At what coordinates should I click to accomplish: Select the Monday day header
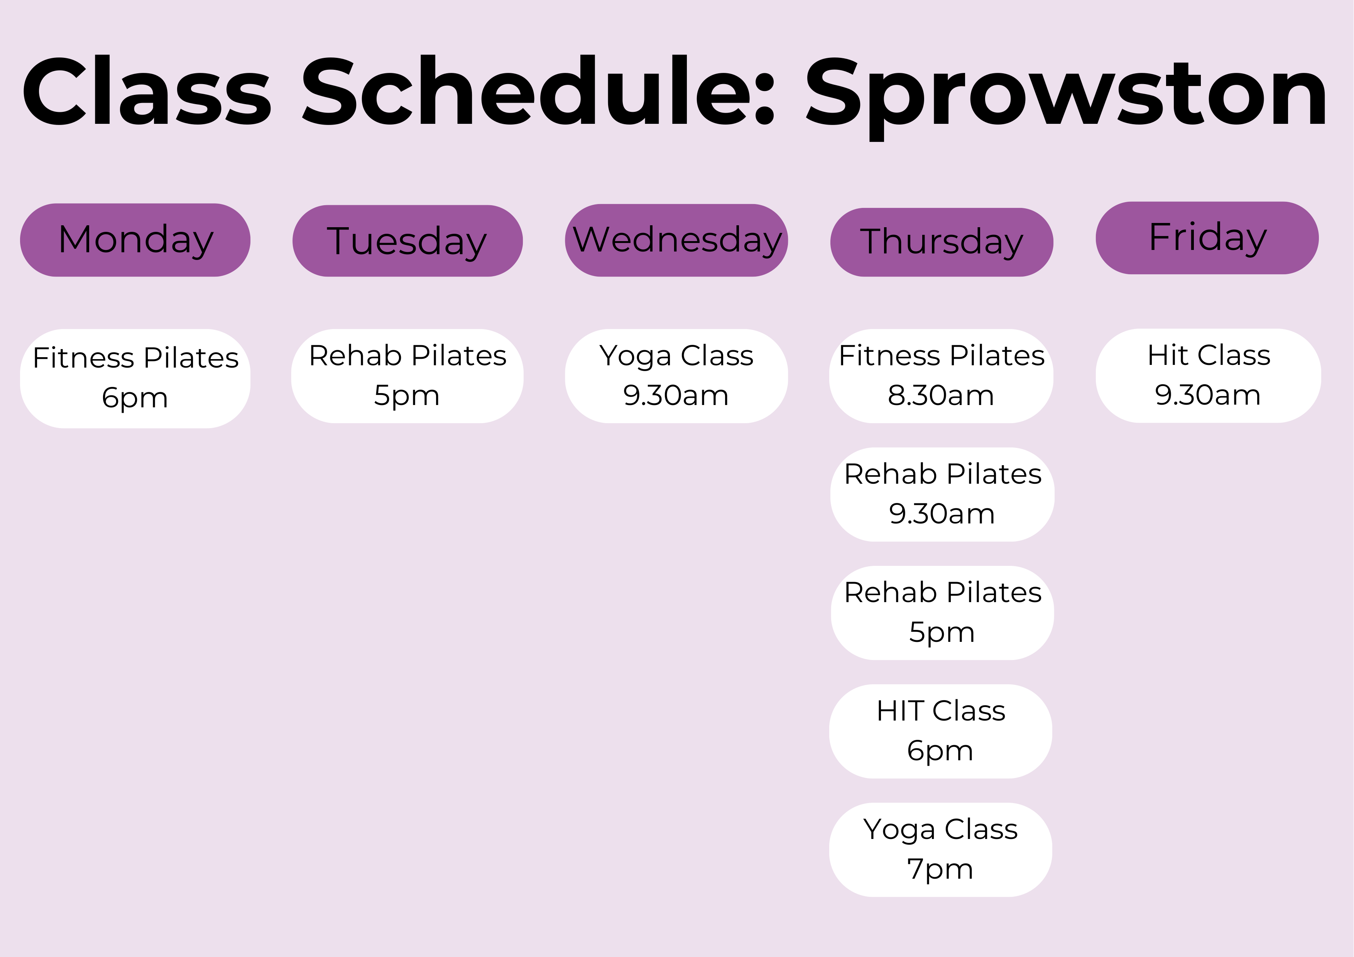tap(135, 240)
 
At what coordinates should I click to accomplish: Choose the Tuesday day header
tap(407, 241)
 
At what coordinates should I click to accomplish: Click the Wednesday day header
tap(676, 240)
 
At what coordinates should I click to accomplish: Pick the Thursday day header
tap(942, 242)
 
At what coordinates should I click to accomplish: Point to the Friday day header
tap(1207, 238)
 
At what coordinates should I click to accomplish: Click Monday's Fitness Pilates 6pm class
tap(135, 378)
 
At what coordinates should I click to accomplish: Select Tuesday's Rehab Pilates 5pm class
tap(407, 376)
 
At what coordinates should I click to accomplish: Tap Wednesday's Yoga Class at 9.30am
tap(676, 376)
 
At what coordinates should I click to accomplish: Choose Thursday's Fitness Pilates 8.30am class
tap(941, 376)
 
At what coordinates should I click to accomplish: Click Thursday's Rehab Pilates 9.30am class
tap(942, 494)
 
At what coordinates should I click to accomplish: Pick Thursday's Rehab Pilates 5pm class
tap(942, 613)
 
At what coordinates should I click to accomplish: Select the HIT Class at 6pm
tap(941, 731)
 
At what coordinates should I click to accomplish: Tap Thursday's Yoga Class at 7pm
tap(941, 850)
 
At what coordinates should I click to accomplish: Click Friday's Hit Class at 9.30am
tap(1209, 376)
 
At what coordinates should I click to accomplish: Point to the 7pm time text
tap(940, 869)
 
